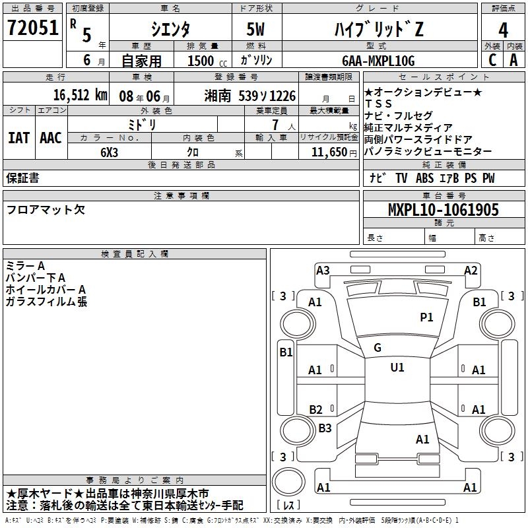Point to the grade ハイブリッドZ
[x=377, y=30]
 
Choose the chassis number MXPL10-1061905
[x=443, y=211]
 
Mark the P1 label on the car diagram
[x=427, y=317]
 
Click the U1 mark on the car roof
[x=397, y=367]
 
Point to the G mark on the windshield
[x=378, y=347]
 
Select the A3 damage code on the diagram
[x=323, y=270]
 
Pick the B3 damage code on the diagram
[x=325, y=428]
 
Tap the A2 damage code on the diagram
[x=471, y=270]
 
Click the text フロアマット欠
[x=46, y=210]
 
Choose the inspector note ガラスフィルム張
[x=46, y=302]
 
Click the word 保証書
[x=22, y=178]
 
